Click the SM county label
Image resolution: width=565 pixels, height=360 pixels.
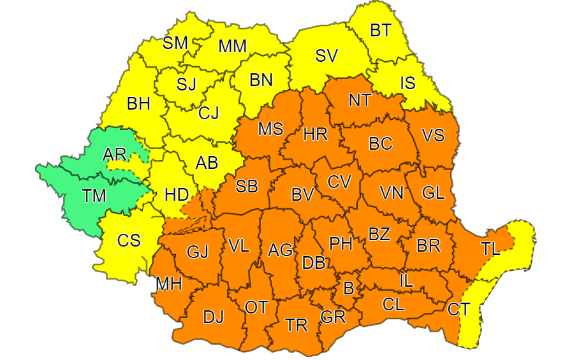pyautogui.click(x=175, y=43)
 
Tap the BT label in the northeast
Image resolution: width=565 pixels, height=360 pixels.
pyautogui.click(x=381, y=29)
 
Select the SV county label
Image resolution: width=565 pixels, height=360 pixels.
pyautogui.click(x=327, y=56)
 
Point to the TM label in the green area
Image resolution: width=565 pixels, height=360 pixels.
pyautogui.click(x=94, y=196)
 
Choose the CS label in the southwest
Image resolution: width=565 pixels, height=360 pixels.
pyautogui.click(x=129, y=240)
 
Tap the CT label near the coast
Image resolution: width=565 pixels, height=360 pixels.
pyautogui.click(x=459, y=310)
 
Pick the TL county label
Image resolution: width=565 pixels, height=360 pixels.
pyautogui.click(x=490, y=249)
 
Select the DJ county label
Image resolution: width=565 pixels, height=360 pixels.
pyautogui.click(x=213, y=316)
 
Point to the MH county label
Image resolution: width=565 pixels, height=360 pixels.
pyautogui.click(x=169, y=284)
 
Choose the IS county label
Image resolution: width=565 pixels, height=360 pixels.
pyautogui.click(x=407, y=82)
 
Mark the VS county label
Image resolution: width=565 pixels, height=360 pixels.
pyautogui.click(x=434, y=136)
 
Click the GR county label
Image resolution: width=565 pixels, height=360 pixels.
pyautogui.click(x=333, y=317)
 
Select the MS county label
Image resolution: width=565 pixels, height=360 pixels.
pyautogui.click(x=270, y=129)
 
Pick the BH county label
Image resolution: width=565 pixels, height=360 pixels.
pyautogui.click(x=138, y=103)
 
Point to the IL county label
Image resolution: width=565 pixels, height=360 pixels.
pyautogui.click(x=406, y=279)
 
